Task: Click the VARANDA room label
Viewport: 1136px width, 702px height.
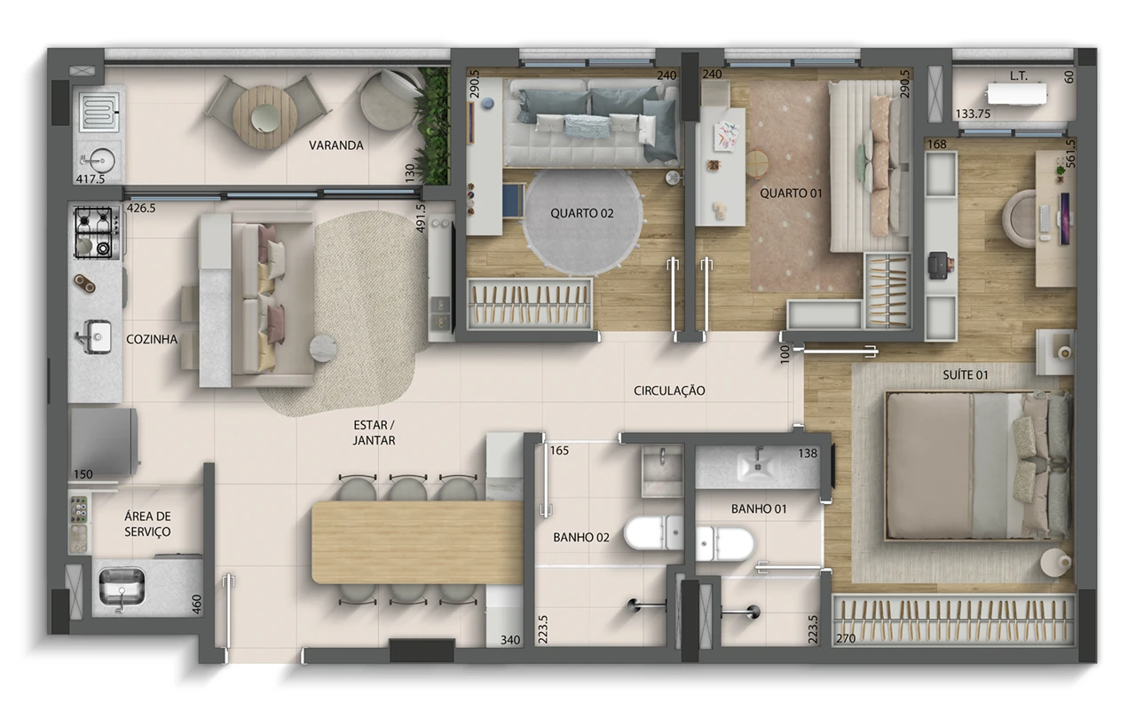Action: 336,146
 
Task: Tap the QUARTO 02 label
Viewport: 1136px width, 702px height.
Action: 581,214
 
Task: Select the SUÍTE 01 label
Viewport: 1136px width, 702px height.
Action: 965,375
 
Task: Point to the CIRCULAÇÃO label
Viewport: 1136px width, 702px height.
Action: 669,390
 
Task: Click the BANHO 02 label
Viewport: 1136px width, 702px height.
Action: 580,537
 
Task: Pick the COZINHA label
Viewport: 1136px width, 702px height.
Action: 152,339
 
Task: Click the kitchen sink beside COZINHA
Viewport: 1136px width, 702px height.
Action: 95,336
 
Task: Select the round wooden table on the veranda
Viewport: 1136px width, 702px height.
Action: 264,116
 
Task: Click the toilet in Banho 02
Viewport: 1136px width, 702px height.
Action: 654,532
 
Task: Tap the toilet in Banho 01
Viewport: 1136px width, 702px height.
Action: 725,544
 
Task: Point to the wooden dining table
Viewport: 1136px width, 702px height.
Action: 417,542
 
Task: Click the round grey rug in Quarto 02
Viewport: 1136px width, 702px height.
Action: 582,222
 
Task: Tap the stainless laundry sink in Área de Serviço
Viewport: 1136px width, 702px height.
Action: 122,587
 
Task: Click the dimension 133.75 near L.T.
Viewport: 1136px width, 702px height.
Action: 973,114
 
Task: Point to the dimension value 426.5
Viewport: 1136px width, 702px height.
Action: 141,208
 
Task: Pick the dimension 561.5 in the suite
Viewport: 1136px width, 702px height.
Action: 1069,154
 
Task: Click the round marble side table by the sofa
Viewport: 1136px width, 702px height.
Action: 323,349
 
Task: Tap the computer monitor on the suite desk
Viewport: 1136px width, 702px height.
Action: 1064,218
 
